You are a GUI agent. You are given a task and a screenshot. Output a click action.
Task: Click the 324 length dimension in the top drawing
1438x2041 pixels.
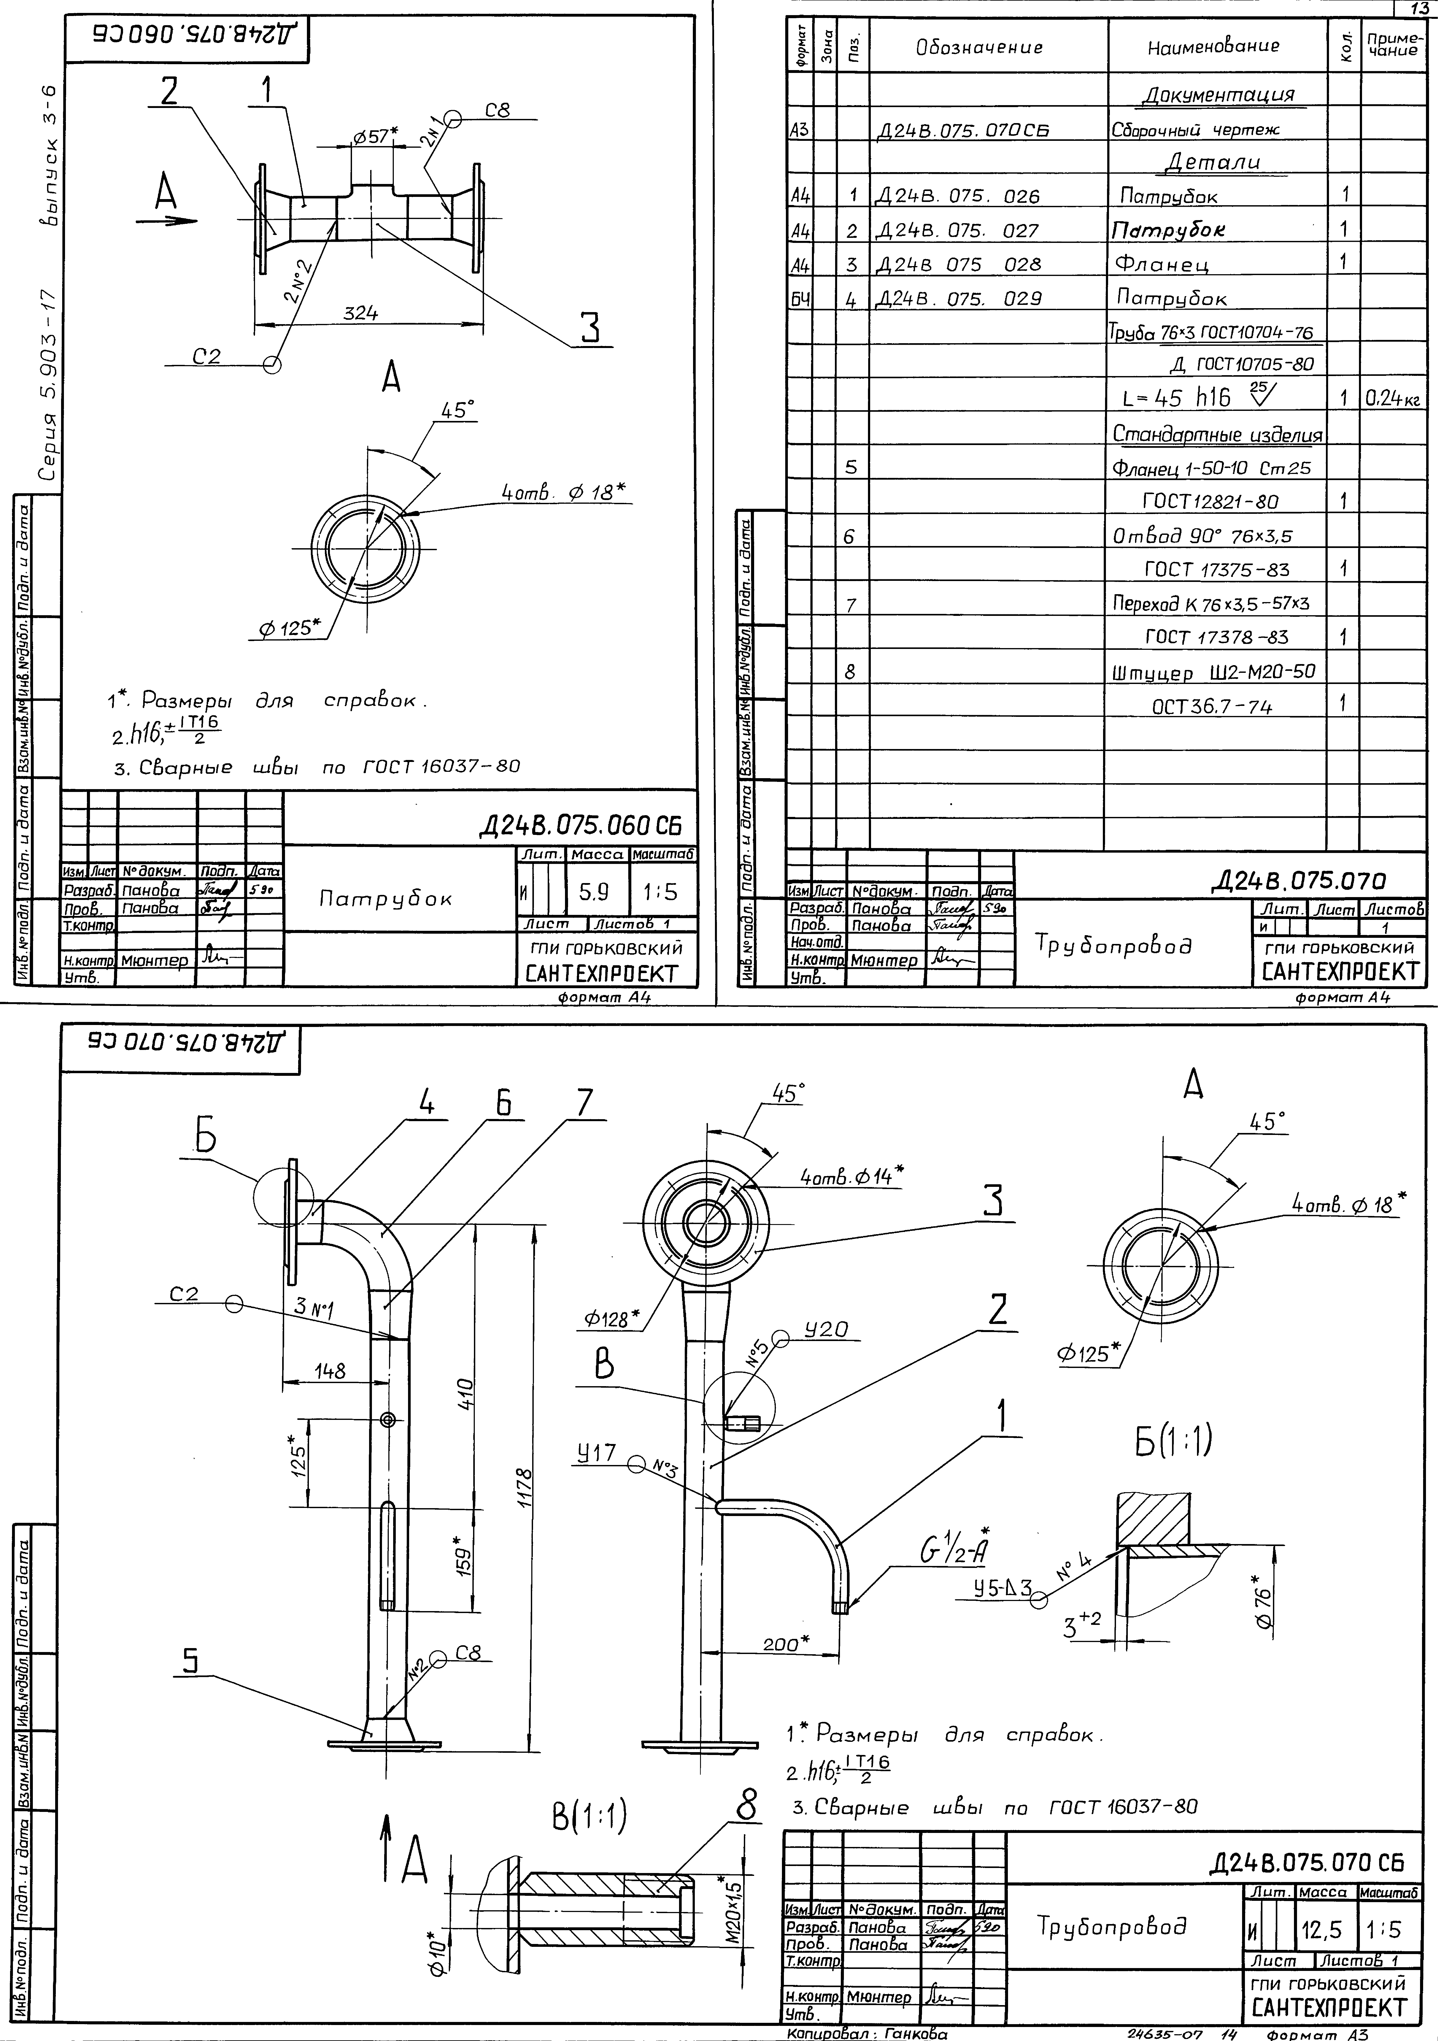click(361, 314)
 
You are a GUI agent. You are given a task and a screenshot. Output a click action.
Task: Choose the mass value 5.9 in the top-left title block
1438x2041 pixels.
click(594, 891)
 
